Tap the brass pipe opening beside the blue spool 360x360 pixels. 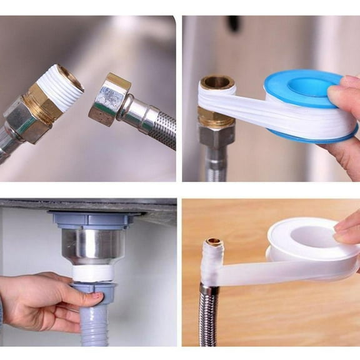[x=216, y=82]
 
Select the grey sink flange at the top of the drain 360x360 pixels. [x=91, y=219]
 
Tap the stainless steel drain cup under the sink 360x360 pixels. [x=91, y=246]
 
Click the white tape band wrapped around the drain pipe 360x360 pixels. [x=92, y=273]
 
